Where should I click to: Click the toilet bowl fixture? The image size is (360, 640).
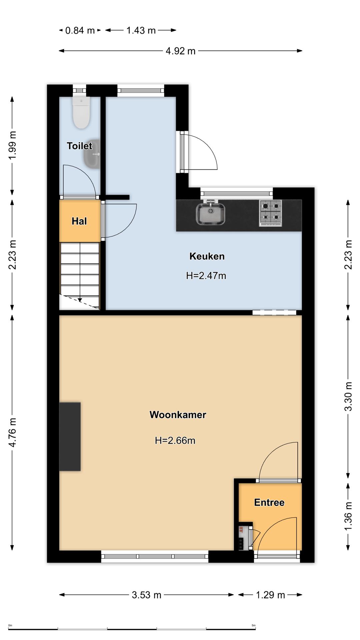tap(81, 113)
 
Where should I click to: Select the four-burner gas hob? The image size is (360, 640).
tap(270, 213)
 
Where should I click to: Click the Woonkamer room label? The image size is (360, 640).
tap(178, 415)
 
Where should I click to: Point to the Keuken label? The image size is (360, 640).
tap(207, 256)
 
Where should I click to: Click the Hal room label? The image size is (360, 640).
tap(79, 221)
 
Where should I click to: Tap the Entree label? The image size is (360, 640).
tap(269, 502)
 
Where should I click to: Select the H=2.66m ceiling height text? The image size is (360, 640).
tap(175, 440)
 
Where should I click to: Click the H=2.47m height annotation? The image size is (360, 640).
tap(206, 276)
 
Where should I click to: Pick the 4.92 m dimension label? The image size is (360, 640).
tap(181, 51)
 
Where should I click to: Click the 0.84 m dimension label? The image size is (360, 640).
tap(80, 30)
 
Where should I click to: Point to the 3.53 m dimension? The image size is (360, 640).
tap(147, 595)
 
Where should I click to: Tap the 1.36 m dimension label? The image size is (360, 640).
tap(348, 516)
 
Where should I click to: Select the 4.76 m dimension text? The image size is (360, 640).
tap(12, 432)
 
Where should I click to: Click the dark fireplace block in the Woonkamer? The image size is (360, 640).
tap(70, 437)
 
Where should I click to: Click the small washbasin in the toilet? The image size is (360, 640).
tap(92, 154)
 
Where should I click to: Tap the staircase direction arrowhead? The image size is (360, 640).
tap(80, 300)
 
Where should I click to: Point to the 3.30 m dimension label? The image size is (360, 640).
tap(348, 396)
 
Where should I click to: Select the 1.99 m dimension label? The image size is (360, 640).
tap(12, 145)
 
